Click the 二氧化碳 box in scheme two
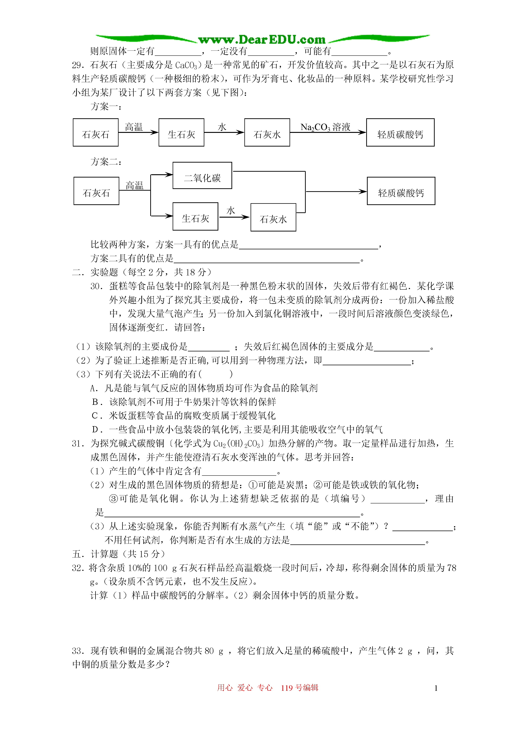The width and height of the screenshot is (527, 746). [x=202, y=176]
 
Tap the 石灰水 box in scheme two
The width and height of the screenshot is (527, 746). [x=273, y=217]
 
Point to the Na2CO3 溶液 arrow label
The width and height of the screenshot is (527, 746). [x=325, y=127]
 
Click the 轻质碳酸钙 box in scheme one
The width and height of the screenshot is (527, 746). [x=400, y=133]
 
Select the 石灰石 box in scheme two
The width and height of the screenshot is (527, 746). [x=97, y=191]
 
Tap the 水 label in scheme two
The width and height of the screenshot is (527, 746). [x=231, y=211]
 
